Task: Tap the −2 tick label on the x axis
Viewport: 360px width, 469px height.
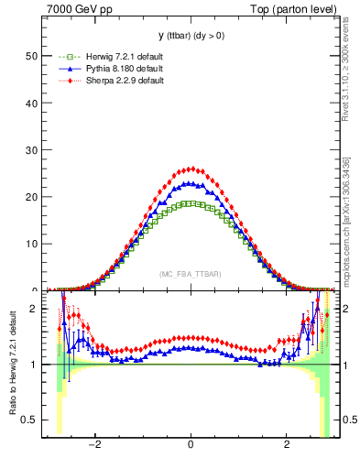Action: coord(94,445)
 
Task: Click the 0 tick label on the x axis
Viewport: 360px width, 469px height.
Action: coord(190,445)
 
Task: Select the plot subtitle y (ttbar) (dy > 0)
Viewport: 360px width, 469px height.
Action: coord(190,37)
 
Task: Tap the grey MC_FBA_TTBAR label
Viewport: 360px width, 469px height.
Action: coord(190,275)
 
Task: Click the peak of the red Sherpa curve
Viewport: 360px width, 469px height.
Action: coord(190,169)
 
